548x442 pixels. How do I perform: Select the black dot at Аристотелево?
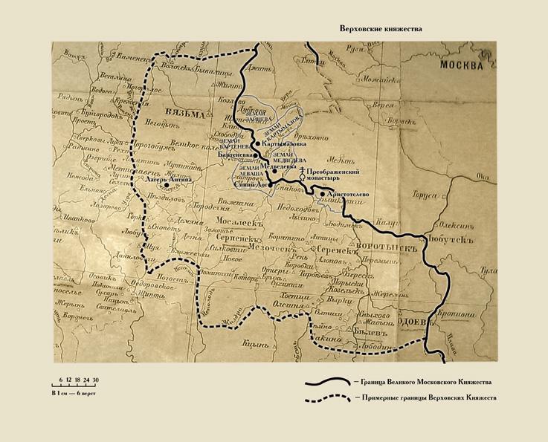(322, 194)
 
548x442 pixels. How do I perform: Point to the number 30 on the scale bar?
(95, 380)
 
